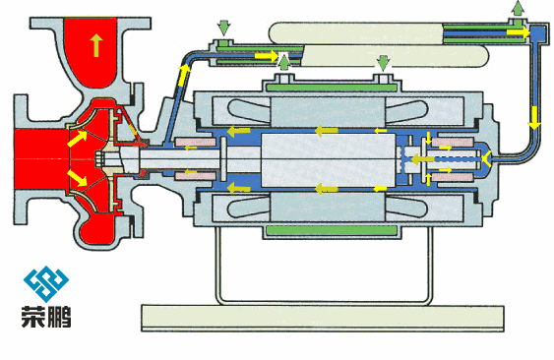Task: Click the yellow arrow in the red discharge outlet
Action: coord(95,45)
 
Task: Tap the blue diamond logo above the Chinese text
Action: coord(46,284)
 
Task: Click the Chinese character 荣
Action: coord(33,317)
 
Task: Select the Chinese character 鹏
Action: coord(59,317)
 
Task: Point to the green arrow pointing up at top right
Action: coord(518,8)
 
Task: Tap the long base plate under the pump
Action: coord(323,318)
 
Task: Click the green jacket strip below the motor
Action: coord(332,231)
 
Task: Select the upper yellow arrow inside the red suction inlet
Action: coord(78,139)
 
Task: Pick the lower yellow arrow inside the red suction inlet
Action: coord(78,178)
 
